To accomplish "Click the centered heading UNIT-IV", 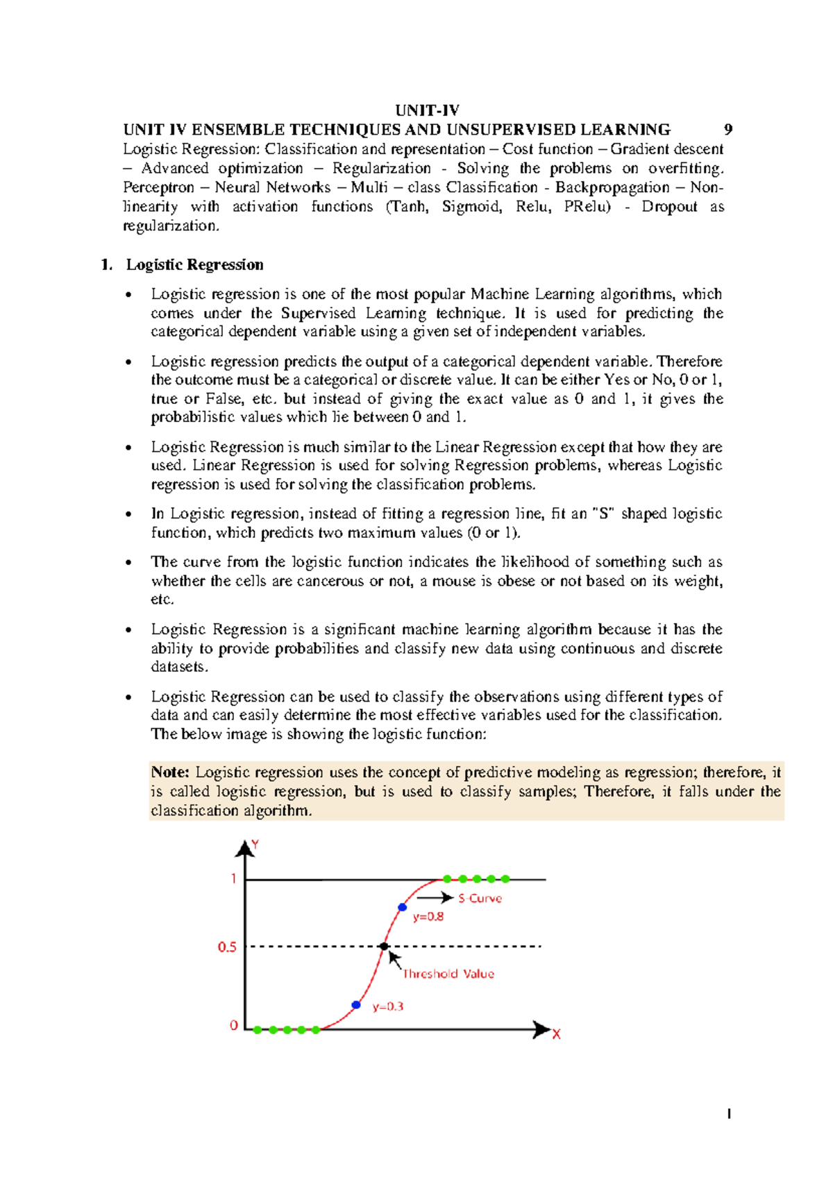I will [427, 110].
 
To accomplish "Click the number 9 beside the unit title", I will [727, 130].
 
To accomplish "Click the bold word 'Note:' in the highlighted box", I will [170, 772].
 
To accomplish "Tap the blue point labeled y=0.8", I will [402, 907].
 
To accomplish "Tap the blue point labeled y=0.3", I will [356, 1004].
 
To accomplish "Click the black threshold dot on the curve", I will [384, 946].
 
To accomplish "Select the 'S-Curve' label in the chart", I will [480, 898].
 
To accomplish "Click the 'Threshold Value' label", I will [448, 974].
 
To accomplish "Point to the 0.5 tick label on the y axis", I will [227, 947].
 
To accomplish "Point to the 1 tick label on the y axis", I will [234, 879].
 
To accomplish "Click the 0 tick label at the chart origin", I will [234, 1025].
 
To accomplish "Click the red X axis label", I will [556, 1034].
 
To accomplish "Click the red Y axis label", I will [255, 845].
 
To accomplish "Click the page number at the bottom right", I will [729, 1115].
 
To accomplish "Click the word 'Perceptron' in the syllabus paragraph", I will [158, 187].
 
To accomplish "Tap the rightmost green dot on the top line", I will [505, 879].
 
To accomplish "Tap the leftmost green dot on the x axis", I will [258, 1030].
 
